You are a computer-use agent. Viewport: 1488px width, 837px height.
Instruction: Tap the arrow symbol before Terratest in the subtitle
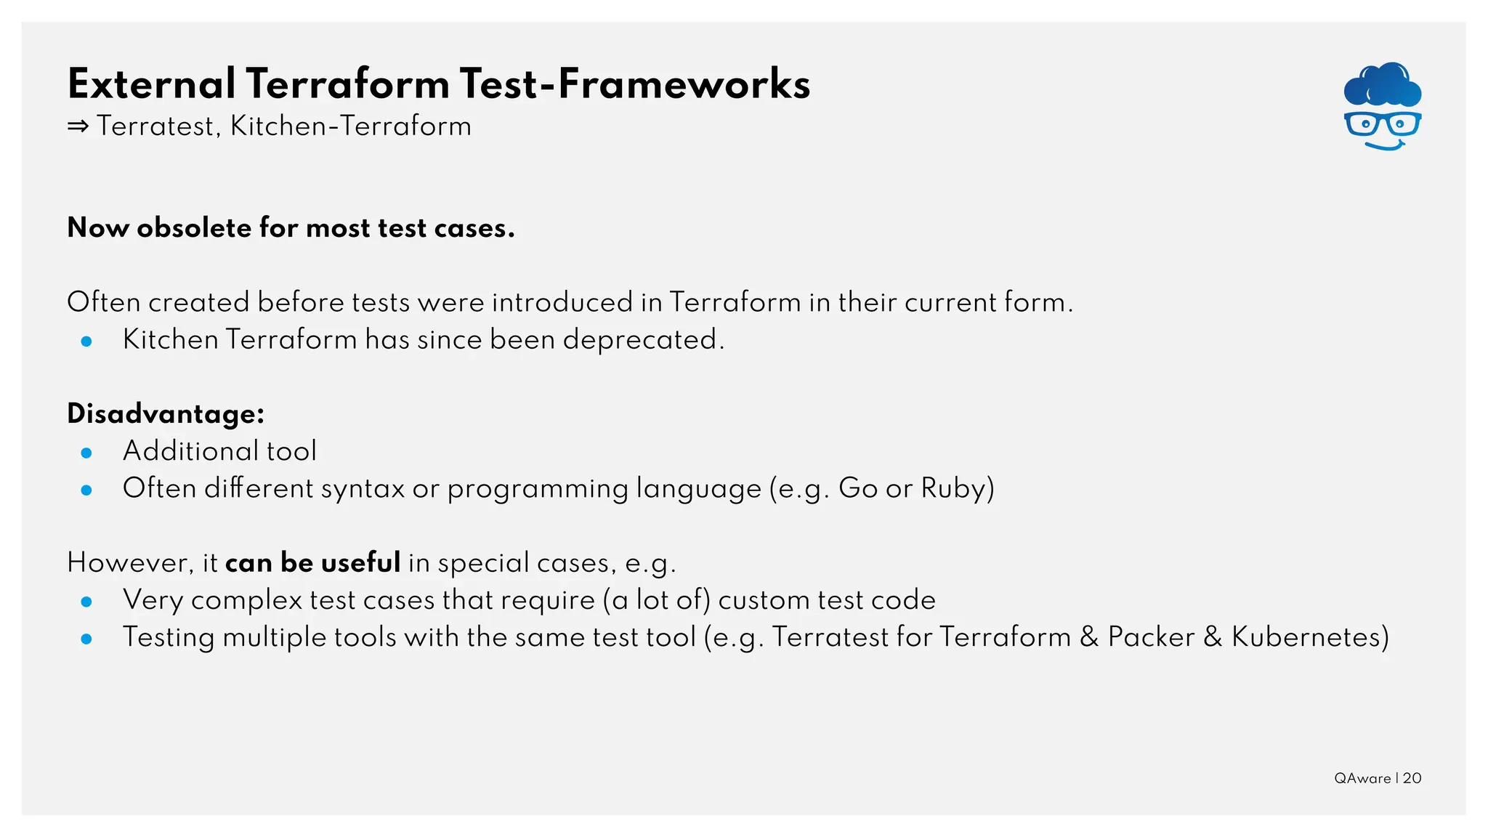coord(78,127)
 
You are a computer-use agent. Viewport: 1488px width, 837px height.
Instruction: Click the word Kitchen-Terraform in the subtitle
coord(351,126)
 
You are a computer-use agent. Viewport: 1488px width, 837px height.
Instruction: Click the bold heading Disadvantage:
coord(166,414)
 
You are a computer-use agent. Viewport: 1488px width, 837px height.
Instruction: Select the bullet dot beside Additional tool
coord(86,453)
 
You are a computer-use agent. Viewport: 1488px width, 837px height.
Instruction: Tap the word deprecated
coord(643,340)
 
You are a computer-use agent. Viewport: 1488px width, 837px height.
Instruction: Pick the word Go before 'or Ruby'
coord(858,488)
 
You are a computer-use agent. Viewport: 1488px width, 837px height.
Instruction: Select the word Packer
coord(1151,637)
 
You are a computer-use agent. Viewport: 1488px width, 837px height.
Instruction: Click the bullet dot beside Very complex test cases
coord(86,602)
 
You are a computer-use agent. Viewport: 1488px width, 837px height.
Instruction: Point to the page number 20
coord(1412,778)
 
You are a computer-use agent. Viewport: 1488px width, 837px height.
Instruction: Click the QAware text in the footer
coord(1362,778)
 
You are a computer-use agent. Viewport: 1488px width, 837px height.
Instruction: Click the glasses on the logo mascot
coord(1382,124)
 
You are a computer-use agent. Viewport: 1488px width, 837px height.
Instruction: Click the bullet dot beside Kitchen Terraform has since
coord(86,341)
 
